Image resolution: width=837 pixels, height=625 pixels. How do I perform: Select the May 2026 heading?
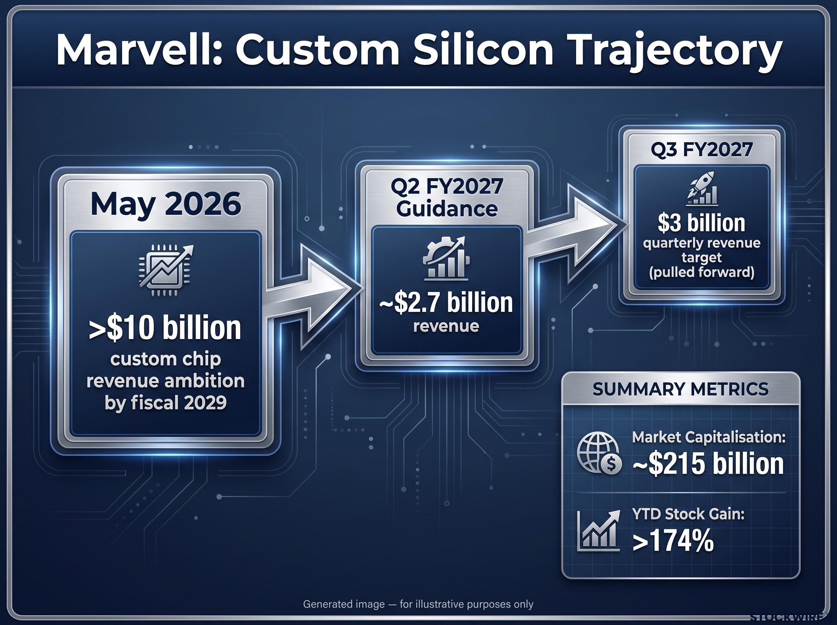pyautogui.click(x=166, y=204)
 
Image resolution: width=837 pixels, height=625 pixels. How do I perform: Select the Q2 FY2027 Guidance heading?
pyautogui.click(x=447, y=197)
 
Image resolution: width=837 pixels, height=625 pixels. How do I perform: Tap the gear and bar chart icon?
pyautogui.click(x=446, y=259)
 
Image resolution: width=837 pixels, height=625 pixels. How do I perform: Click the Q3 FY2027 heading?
pyautogui.click(x=702, y=150)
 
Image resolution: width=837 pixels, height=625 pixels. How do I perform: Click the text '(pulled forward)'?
pyautogui.click(x=702, y=273)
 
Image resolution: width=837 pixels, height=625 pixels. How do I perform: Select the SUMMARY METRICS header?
pyautogui.click(x=681, y=389)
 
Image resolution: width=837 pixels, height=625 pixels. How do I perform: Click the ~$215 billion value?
pyautogui.click(x=708, y=464)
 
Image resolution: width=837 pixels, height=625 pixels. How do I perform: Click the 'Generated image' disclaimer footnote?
pyautogui.click(x=418, y=604)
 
